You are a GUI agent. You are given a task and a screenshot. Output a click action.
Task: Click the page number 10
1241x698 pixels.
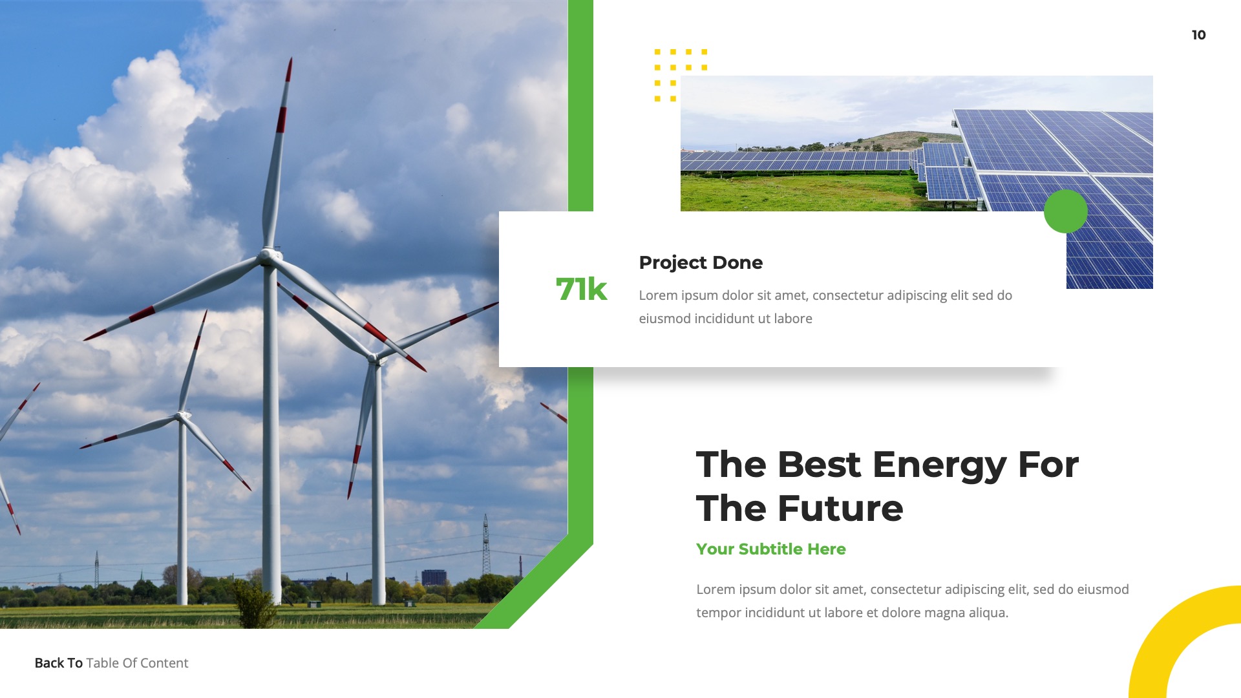tap(1198, 35)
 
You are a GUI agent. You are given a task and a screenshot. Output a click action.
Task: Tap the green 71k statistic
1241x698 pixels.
tap(581, 290)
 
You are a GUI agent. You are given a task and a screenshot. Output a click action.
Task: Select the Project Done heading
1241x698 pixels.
tap(701, 262)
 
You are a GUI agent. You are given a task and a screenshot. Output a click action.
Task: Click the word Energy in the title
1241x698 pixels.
tap(939, 465)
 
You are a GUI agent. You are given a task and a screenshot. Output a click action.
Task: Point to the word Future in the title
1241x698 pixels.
tap(840, 509)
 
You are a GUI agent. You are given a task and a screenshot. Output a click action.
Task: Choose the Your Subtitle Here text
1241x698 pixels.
tap(770, 549)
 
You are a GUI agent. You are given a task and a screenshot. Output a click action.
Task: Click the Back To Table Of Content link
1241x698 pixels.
tap(111, 663)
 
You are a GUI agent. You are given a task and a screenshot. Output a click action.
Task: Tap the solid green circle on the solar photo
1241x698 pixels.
tap(1065, 211)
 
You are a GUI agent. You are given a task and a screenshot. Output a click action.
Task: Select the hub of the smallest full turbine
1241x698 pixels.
tap(183, 415)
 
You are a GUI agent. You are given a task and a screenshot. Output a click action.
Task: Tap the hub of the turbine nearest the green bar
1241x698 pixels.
tap(374, 357)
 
